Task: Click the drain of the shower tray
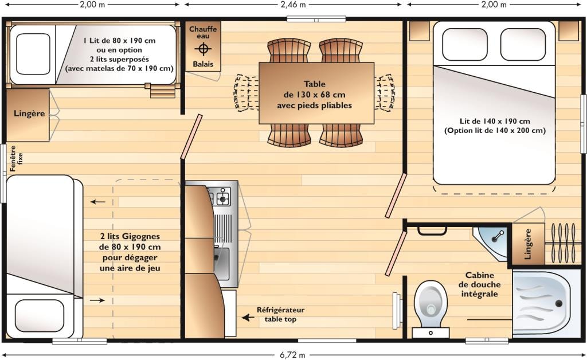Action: coord(559,303)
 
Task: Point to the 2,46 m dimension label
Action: coord(293,5)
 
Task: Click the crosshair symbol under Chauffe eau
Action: coord(203,49)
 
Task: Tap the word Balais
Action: coord(203,64)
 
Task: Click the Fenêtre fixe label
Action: coord(16,158)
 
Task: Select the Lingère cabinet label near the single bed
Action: coord(29,114)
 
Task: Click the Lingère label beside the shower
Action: coord(528,244)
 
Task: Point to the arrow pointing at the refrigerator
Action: coord(248,318)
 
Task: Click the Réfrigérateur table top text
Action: coord(280,314)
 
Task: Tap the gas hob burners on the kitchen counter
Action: coord(220,195)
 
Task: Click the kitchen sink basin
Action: coord(222,263)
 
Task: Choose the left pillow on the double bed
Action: coord(464,44)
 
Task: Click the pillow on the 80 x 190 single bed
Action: coord(33,54)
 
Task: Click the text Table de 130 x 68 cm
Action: coord(315,89)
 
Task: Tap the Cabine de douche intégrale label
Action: coord(480,284)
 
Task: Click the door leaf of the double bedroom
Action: coord(396,195)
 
